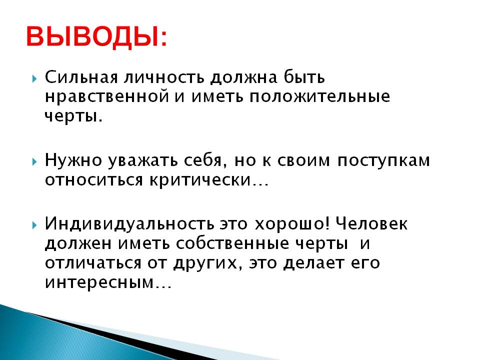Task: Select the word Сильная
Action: tap(81, 77)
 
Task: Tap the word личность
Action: tap(164, 77)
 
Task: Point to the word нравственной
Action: tap(107, 96)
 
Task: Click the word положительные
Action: tap(319, 96)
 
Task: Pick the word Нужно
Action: tap(73, 160)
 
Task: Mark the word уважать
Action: tap(143, 160)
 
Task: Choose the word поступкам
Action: tap(384, 160)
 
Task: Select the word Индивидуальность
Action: tap(129, 224)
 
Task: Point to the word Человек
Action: tap(371, 224)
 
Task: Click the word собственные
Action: tap(232, 243)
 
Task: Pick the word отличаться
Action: tap(93, 263)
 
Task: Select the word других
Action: tap(205, 263)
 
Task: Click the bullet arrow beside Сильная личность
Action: tap(34, 78)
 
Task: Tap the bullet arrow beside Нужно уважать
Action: tap(34, 161)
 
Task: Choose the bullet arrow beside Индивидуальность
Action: tap(34, 225)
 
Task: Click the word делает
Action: tap(313, 263)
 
